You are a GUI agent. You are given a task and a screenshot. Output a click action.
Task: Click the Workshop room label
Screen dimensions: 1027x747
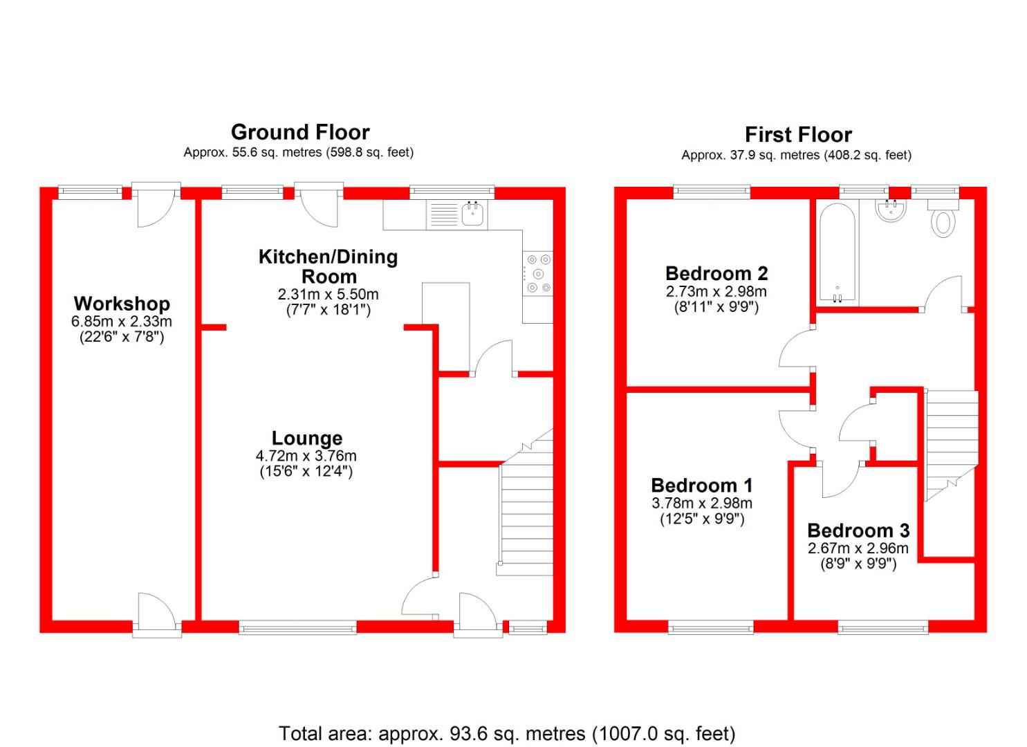coord(122,304)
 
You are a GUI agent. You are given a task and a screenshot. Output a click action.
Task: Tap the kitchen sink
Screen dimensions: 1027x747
coord(473,214)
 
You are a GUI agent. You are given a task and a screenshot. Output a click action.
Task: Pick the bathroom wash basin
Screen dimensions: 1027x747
coord(891,211)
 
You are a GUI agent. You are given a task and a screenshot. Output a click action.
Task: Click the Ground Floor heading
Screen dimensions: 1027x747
coord(300,132)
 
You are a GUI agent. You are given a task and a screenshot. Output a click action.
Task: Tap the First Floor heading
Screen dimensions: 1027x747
coord(798,134)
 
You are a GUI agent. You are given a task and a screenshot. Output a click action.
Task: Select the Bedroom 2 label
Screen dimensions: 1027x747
coord(716,273)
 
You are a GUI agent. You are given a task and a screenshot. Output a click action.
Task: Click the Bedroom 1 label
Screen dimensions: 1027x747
coord(702,485)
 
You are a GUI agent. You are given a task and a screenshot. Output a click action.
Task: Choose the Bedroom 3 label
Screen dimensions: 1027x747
coord(858,531)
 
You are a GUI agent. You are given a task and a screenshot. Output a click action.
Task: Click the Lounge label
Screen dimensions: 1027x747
coord(306,438)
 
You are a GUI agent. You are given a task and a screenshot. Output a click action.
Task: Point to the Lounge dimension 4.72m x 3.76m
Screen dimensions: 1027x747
coord(306,456)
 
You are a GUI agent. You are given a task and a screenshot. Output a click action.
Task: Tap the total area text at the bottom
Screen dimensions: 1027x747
coord(507,733)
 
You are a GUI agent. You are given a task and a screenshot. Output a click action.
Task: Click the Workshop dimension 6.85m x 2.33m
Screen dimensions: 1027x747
coord(122,322)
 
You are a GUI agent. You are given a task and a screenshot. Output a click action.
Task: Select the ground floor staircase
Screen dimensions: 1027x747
coord(526,512)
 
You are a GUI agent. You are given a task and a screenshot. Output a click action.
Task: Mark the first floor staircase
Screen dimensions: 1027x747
coord(951,443)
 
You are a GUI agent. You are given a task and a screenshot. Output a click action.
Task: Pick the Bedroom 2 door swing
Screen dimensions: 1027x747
coord(795,349)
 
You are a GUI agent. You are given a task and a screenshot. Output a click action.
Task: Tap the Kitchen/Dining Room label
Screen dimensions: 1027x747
coord(329,266)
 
